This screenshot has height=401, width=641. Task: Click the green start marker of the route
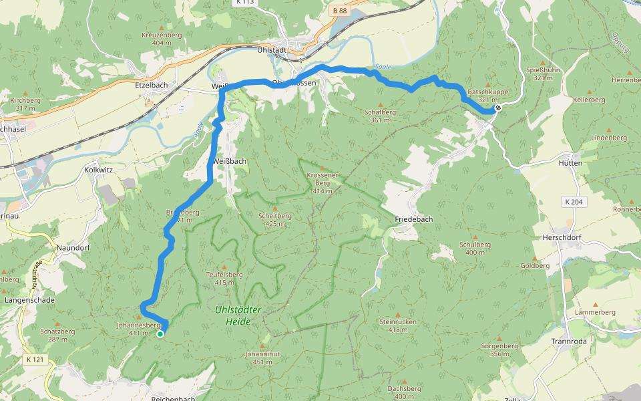[160, 333]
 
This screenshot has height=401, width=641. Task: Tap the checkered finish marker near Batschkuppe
[498, 107]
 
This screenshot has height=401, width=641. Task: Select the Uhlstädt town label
[272, 50]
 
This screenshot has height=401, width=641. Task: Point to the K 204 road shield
[574, 202]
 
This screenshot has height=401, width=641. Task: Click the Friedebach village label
[414, 219]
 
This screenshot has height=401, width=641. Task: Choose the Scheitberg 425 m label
[275, 220]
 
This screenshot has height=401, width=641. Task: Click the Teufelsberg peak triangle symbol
[224, 266]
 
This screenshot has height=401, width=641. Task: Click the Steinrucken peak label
[397, 325]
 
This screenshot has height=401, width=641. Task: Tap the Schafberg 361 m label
[380, 116]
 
